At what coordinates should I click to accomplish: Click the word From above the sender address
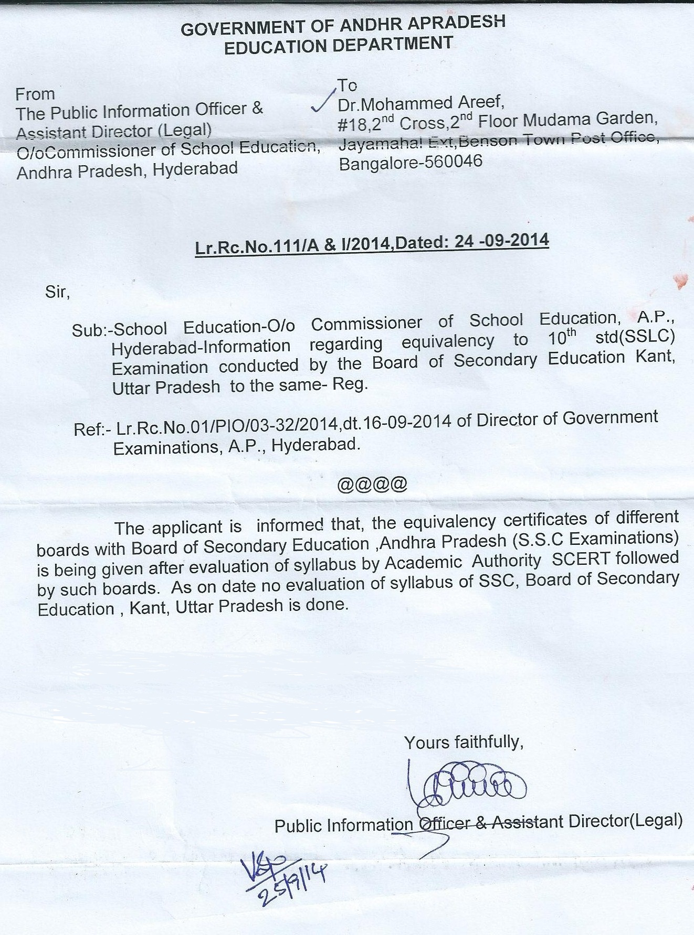35,94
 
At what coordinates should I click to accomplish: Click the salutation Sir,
58,292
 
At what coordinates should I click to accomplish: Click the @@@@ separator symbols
372,484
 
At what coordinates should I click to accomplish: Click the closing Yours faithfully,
464,741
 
